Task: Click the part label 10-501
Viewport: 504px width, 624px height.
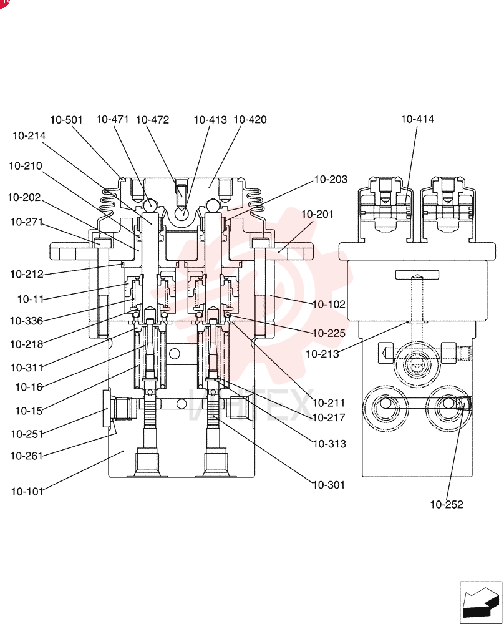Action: [x=67, y=120]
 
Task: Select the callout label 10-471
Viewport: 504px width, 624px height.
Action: [x=112, y=119]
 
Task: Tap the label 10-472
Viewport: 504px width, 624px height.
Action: [x=153, y=120]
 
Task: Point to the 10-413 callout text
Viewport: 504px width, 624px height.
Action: [x=210, y=120]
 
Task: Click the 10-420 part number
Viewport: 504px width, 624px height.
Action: [x=250, y=119]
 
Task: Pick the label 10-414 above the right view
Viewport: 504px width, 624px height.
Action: [x=417, y=119]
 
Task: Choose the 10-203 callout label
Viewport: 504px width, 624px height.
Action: [x=331, y=180]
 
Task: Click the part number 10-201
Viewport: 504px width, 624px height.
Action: [x=317, y=214]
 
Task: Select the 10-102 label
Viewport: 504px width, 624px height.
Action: [x=329, y=305]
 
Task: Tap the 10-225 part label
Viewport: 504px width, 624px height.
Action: [x=329, y=333]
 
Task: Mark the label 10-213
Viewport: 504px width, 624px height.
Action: [x=322, y=354]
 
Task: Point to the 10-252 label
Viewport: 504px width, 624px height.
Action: [x=447, y=505]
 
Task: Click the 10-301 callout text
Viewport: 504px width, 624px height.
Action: [x=329, y=485]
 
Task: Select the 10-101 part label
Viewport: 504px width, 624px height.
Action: [x=27, y=492]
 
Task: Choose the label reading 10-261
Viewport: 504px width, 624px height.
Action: [x=27, y=456]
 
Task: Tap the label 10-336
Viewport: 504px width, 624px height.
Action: [x=26, y=321]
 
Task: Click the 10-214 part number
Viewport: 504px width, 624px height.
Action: [x=29, y=135]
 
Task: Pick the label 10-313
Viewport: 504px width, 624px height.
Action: [x=330, y=444]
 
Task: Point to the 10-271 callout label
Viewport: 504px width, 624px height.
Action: [x=27, y=222]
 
